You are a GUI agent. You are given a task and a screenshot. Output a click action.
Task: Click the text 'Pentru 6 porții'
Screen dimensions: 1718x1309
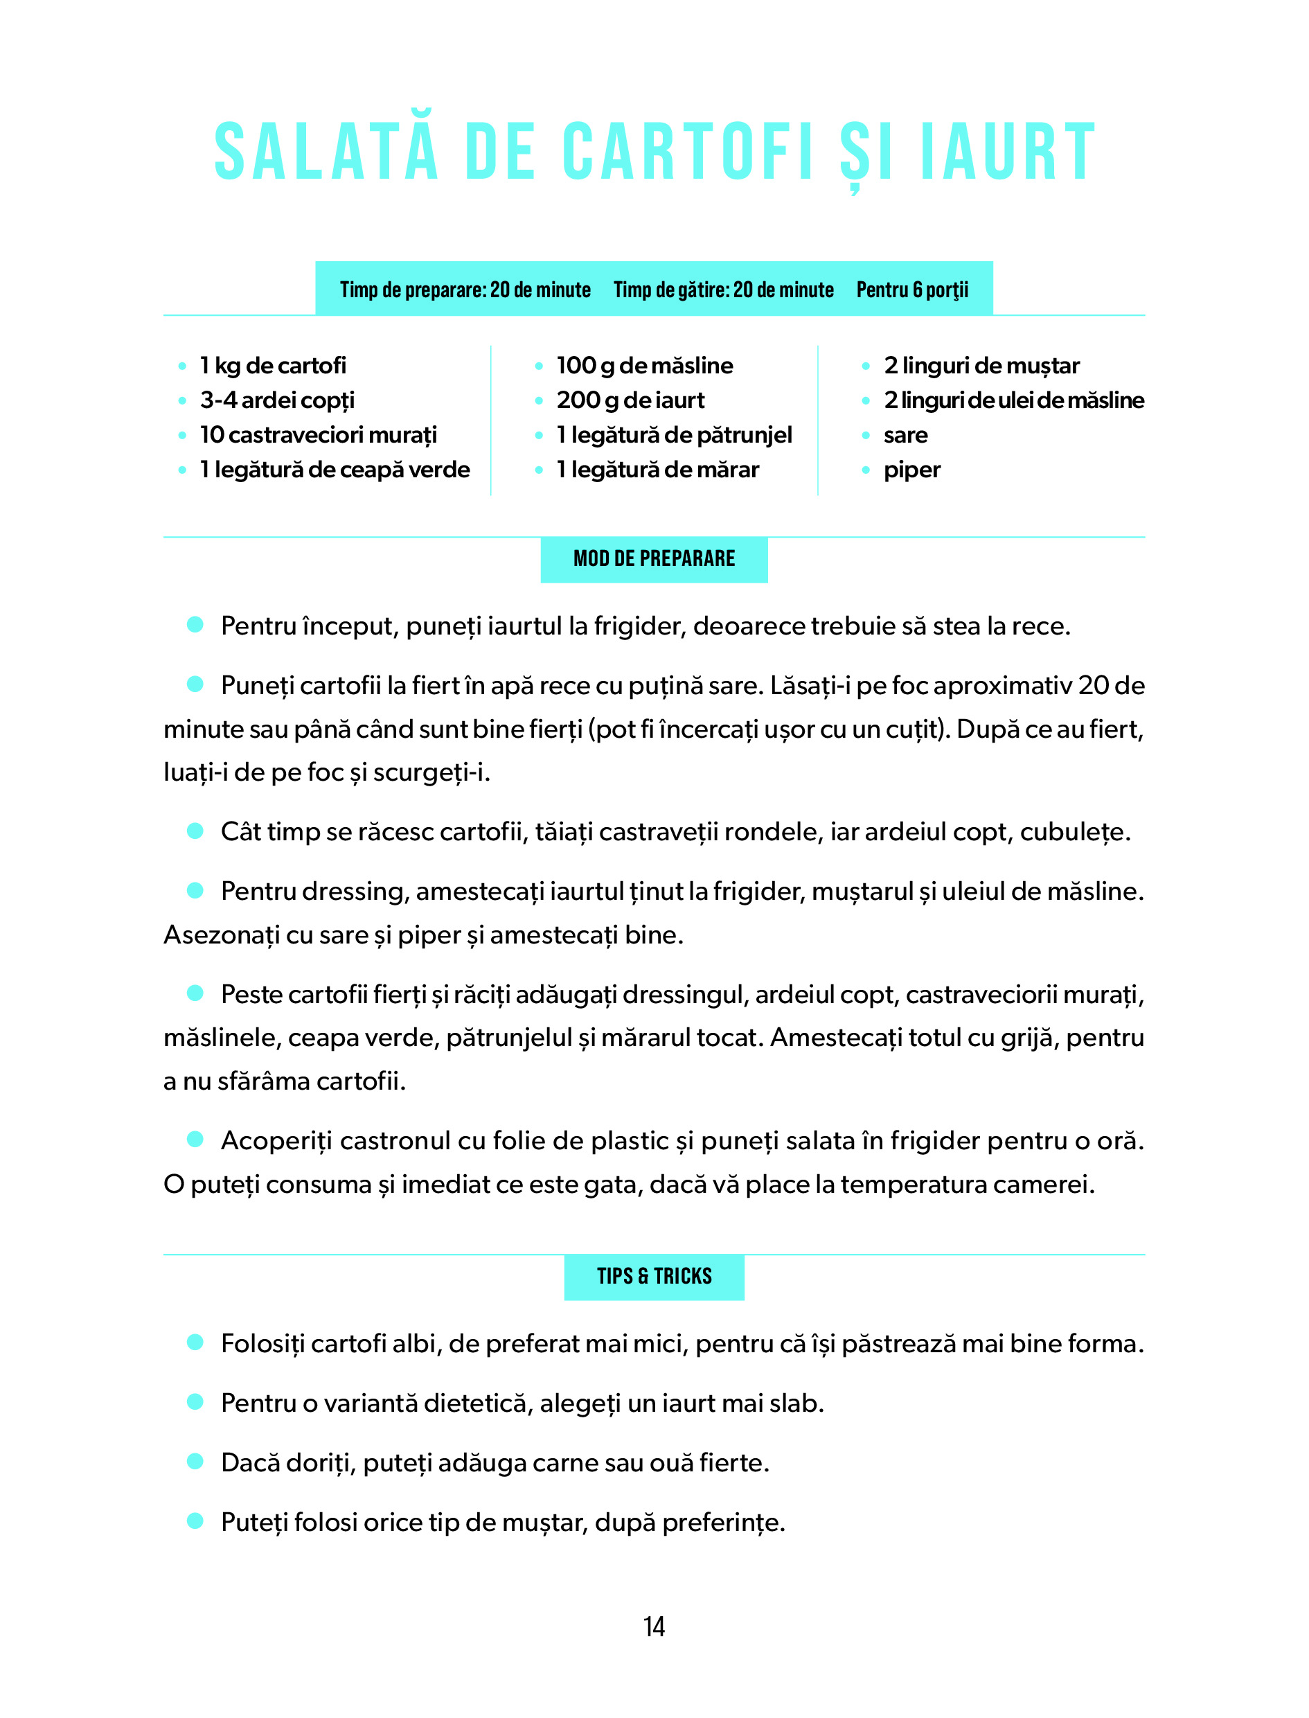tap(912, 290)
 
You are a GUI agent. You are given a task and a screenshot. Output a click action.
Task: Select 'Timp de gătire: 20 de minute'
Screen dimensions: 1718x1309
tap(723, 290)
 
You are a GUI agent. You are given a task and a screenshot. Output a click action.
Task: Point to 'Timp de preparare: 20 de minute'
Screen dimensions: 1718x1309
tap(465, 290)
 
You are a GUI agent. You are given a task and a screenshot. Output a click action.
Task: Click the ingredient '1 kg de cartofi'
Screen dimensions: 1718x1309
tap(273, 365)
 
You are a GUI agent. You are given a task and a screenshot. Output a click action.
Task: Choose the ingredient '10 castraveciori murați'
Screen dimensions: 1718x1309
tap(318, 435)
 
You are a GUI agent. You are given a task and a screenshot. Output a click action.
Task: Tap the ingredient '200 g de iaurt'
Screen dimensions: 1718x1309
tap(630, 400)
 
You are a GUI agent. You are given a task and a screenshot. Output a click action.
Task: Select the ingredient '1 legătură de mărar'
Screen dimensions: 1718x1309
tap(657, 470)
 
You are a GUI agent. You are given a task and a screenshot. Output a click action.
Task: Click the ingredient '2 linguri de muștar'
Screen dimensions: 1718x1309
tap(981, 365)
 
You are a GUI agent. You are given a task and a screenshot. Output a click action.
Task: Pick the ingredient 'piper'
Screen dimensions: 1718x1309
tap(911, 470)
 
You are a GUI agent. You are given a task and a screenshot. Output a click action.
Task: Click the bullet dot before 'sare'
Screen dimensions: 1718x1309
tap(866, 436)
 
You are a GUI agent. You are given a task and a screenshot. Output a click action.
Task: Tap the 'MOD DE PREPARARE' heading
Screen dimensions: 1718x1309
tap(654, 558)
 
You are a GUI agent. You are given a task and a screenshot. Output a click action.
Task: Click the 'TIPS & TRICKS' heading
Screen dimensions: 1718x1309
tap(654, 1276)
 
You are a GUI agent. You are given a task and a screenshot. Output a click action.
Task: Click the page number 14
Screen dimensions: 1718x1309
tap(654, 1626)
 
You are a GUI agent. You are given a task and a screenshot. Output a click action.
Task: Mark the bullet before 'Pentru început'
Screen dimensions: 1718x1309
tap(195, 625)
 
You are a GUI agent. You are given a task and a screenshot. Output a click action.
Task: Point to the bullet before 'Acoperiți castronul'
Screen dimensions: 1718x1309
tap(195, 1140)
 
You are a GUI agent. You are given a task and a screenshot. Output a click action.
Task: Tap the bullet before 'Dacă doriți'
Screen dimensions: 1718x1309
tap(195, 1462)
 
